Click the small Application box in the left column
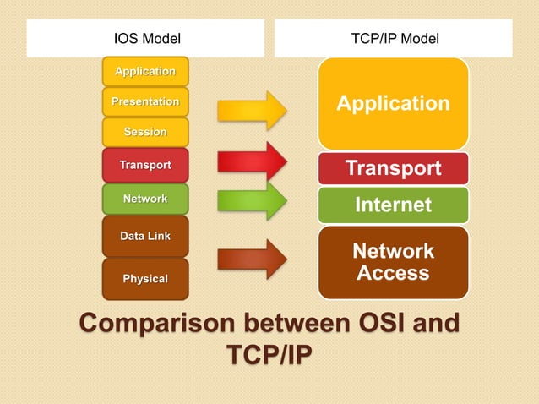(145, 71)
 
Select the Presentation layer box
(145, 101)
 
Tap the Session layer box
(145, 132)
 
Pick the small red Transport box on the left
(145, 165)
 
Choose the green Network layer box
(145, 199)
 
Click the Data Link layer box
(145, 236)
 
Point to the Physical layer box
(145, 279)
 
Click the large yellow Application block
(393, 104)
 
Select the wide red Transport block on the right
(393, 168)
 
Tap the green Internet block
(393, 205)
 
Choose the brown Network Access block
(393, 262)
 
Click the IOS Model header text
(147, 38)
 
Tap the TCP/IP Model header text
(394, 38)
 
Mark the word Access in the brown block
(393, 273)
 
